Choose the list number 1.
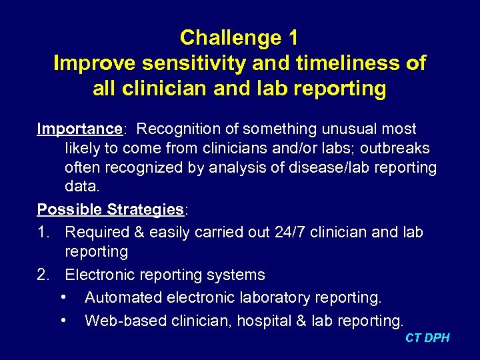pyautogui.click(x=43, y=232)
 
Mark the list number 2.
pyautogui.click(x=43, y=275)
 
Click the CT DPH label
pyautogui.click(x=427, y=338)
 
